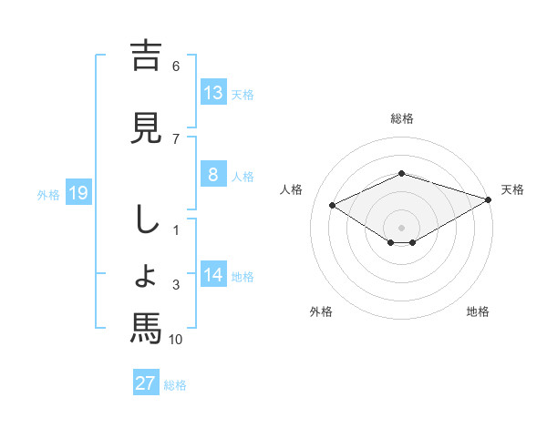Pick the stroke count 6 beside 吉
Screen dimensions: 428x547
[176, 66]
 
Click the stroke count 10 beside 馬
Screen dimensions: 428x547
[176, 340]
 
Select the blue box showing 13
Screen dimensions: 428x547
[213, 93]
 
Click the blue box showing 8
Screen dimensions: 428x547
[213, 175]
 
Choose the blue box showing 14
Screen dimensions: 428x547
[213, 275]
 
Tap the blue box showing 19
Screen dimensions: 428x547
[78, 193]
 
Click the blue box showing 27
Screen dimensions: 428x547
[146, 383]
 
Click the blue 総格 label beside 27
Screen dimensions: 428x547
[175, 385]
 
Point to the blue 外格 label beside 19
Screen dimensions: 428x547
[48, 194]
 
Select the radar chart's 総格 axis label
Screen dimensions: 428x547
[402, 118]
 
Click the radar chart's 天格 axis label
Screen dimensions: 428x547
[513, 189]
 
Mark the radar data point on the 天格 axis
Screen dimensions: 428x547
[490, 199]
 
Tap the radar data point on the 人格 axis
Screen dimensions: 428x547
[332, 204]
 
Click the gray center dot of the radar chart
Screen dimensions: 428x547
[402, 227]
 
